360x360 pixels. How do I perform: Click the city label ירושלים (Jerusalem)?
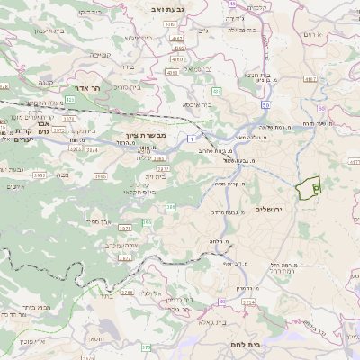pos(269,210)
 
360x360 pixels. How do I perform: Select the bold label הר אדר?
pos(110,89)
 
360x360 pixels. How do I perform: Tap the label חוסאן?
pos(93,339)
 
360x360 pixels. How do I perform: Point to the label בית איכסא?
pos(198,104)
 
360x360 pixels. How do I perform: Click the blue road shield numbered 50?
pos(267,104)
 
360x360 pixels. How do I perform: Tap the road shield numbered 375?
pos(146,346)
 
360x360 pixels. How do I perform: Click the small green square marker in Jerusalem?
pos(317,186)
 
